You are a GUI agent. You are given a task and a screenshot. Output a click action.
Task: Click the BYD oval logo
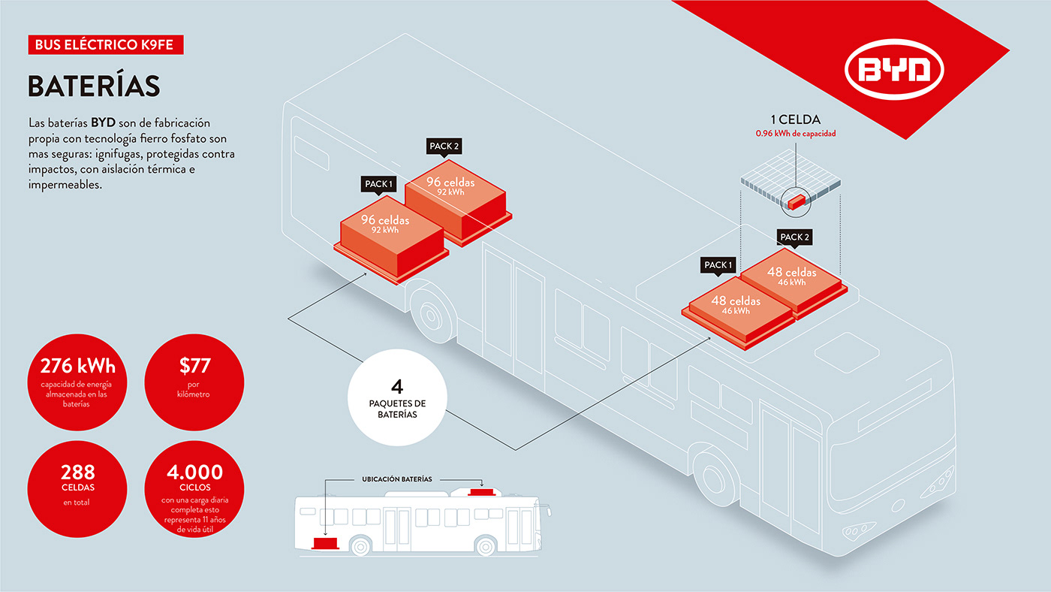(x=894, y=71)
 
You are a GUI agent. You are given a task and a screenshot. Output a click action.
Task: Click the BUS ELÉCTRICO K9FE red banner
(x=104, y=45)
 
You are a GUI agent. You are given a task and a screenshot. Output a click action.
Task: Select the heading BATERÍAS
(x=94, y=86)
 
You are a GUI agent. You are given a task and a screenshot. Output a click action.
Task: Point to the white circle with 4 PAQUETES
(x=398, y=398)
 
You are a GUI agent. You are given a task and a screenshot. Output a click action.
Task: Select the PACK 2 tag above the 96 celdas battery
(x=444, y=146)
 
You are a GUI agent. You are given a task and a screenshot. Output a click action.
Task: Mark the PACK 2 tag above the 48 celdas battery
(x=795, y=237)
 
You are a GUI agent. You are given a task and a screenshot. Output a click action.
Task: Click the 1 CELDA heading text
(x=795, y=119)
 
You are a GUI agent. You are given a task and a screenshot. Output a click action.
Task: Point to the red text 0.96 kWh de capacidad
(x=795, y=134)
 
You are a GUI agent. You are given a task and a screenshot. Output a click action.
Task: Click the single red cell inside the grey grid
(x=797, y=200)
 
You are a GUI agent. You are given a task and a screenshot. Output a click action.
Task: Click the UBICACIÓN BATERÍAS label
(x=397, y=479)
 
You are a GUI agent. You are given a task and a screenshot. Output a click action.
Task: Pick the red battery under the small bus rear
(x=325, y=542)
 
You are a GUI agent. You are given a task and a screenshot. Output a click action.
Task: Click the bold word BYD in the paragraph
(x=104, y=122)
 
